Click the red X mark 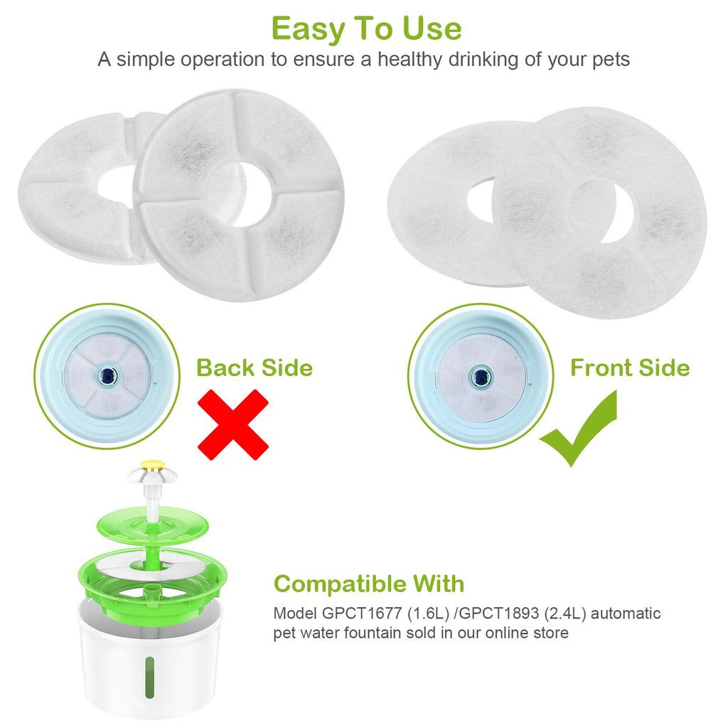pyautogui.click(x=233, y=424)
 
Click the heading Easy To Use pyautogui.click(x=366, y=28)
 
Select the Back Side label pyautogui.click(x=255, y=368)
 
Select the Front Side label pyautogui.click(x=630, y=368)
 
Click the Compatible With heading pyautogui.click(x=369, y=584)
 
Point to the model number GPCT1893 pyautogui.click(x=499, y=614)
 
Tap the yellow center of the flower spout pyautogui.click(x=153, y=464)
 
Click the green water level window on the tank pyautogui.click(x=149, y=678)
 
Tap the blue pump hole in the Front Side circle pyautogui.click(x=481, y=375)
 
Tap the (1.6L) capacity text pyautogui.click(x=428, y=614)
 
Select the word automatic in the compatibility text pyautogui.click(x=626, y=614)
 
